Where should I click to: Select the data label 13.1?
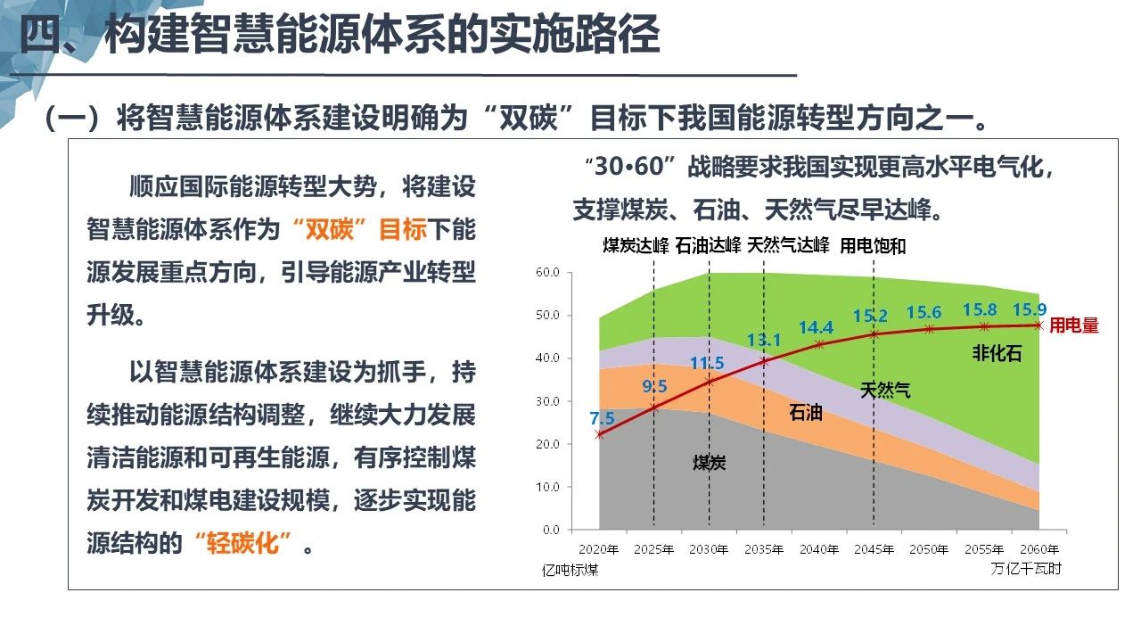[764, 340]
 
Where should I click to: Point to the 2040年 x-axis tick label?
[819, 548]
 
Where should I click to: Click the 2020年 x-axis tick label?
[599, 548]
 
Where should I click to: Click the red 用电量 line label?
[1074, 326]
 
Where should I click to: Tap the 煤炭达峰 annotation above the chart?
[636, 246]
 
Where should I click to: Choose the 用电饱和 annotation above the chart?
[873, 246]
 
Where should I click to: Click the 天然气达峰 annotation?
[789, 246]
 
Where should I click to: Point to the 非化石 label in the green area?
[997, 353]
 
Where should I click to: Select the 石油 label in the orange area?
[806, 413]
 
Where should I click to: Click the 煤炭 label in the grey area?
[710, 462]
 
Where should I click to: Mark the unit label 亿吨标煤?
[570, 569]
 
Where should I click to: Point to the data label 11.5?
[707, 363]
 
